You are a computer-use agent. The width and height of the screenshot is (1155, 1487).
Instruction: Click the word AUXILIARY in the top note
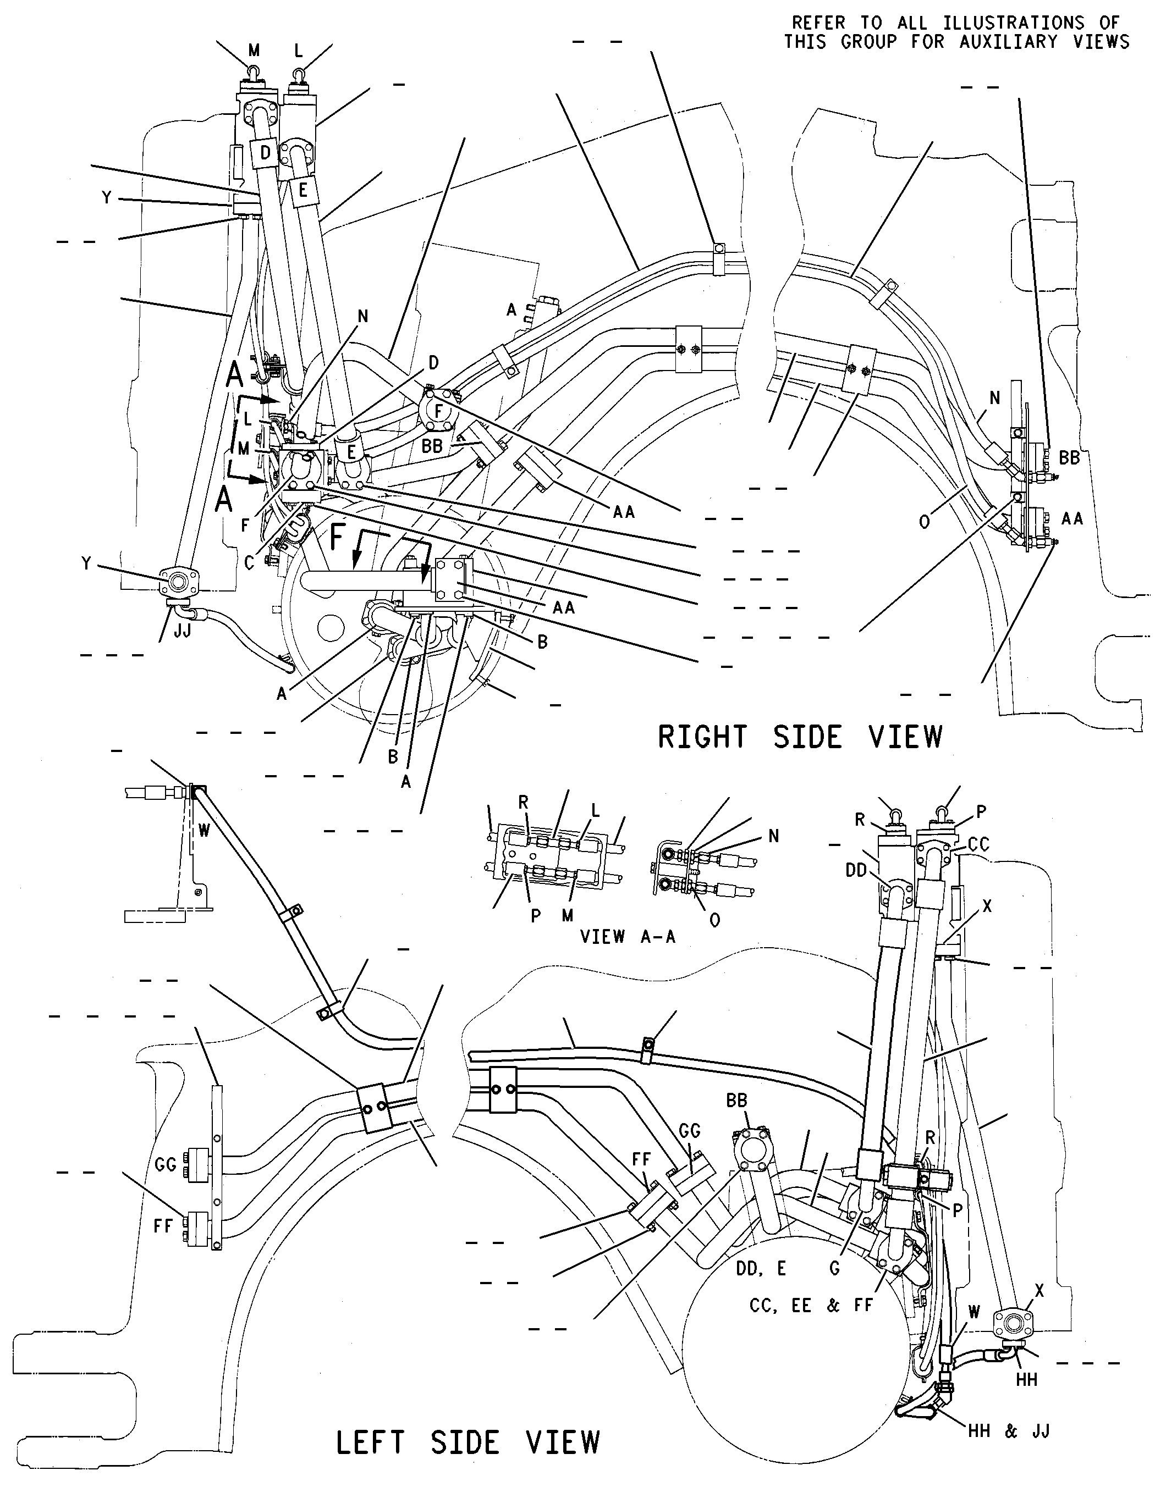click(1009, 42)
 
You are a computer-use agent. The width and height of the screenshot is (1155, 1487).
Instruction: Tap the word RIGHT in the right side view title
click(702, 737)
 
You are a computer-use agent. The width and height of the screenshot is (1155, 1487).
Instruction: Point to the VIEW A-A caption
click(627, 937)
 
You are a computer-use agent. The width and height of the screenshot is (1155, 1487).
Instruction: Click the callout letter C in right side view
click(249, 563)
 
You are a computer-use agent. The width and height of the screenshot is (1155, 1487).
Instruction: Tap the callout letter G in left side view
click(834, 1268)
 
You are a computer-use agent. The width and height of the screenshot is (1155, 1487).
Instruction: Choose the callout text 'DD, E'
click(761, 1268)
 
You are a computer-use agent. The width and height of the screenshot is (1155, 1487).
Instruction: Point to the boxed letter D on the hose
click(265, 153)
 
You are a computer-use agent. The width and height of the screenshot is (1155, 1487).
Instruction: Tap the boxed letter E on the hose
click(303, 191)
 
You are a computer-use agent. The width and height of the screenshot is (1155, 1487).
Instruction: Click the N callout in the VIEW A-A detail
click(774, 836)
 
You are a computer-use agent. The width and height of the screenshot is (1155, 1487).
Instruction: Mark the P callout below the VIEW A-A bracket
click(536, 916)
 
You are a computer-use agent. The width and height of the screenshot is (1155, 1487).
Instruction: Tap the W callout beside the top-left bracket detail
click(204, 831)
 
